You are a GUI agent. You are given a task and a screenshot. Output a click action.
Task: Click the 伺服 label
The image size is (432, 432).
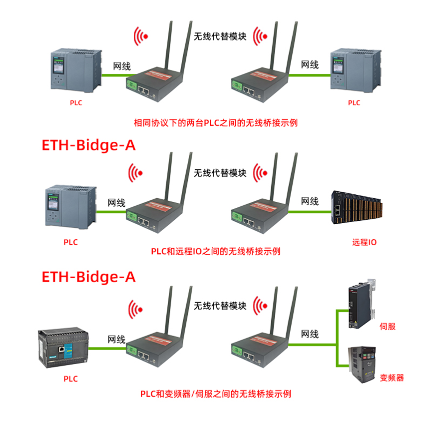coord(388,326)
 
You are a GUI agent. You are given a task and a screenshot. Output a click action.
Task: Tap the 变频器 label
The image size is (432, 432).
coord(392,378)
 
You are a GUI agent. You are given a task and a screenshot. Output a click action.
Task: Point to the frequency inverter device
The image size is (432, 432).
coord(362,365)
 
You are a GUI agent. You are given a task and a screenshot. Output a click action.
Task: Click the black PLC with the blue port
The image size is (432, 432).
coord(62,349)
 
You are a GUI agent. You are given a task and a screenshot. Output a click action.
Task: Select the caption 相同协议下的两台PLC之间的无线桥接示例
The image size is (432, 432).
coord(216,122)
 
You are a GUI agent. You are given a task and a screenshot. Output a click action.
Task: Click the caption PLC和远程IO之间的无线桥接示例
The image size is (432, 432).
coord(216,251)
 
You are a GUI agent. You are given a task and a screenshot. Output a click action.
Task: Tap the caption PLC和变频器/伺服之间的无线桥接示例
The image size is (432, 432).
coord(216,394)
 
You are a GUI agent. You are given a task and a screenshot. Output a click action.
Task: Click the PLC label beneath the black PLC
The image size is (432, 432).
coord(70,379)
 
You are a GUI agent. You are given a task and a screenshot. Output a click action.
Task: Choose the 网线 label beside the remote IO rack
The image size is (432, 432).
coord(309,201)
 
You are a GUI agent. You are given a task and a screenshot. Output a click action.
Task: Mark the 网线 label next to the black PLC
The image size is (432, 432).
coord(116,340)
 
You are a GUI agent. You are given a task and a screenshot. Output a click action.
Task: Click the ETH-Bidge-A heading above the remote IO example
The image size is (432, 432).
coord(88,145)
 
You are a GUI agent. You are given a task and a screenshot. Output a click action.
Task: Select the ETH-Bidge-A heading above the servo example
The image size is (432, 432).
coord(88,277)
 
